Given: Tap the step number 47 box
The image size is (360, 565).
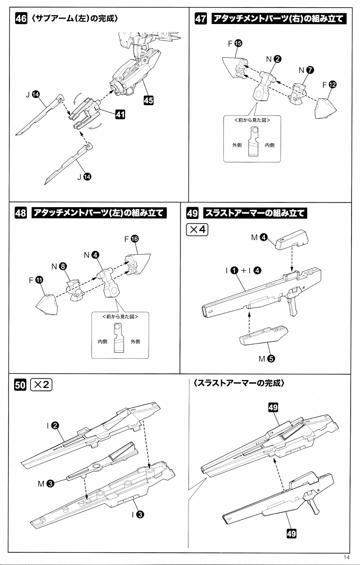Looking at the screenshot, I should point(201,19).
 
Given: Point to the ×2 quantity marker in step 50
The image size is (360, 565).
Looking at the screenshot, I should point(41,385).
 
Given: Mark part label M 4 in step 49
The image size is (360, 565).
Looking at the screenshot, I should point(259,237).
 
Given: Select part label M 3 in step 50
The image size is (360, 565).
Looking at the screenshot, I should point(46,483).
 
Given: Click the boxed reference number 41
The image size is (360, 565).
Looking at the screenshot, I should point(120,113).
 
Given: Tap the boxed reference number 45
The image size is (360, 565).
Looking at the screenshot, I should point(149,100).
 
